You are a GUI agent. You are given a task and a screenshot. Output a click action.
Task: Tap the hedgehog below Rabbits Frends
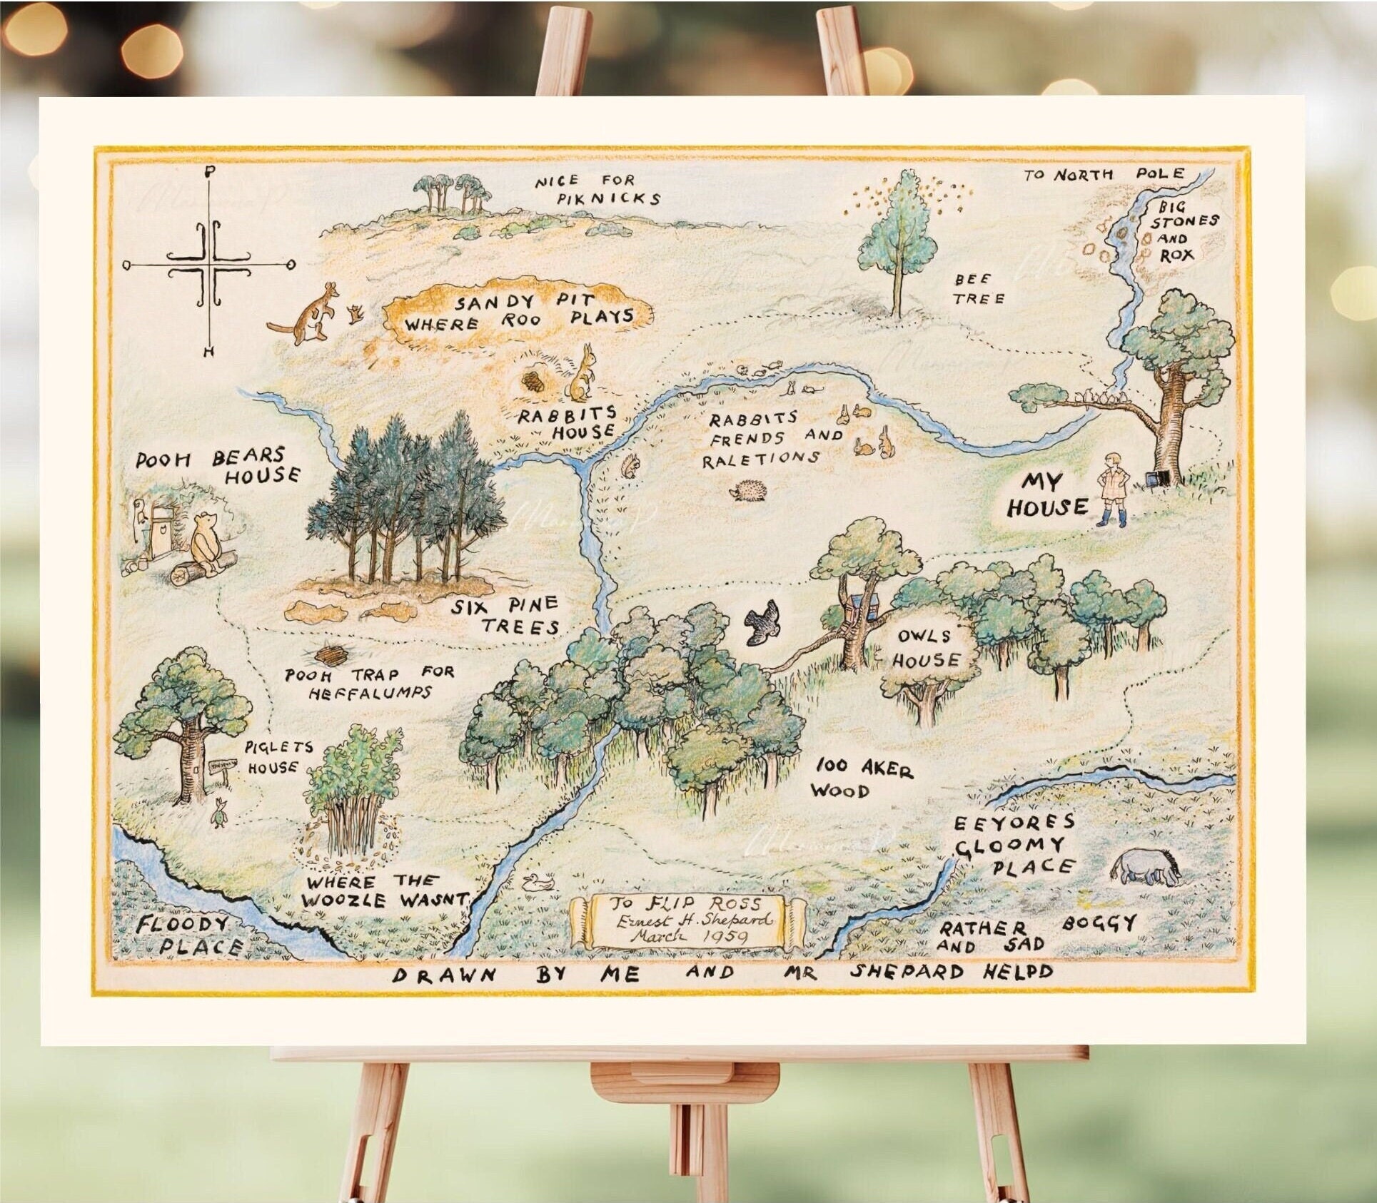pos(747,491)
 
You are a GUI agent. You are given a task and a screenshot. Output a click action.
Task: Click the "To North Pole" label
pos(1104,174)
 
